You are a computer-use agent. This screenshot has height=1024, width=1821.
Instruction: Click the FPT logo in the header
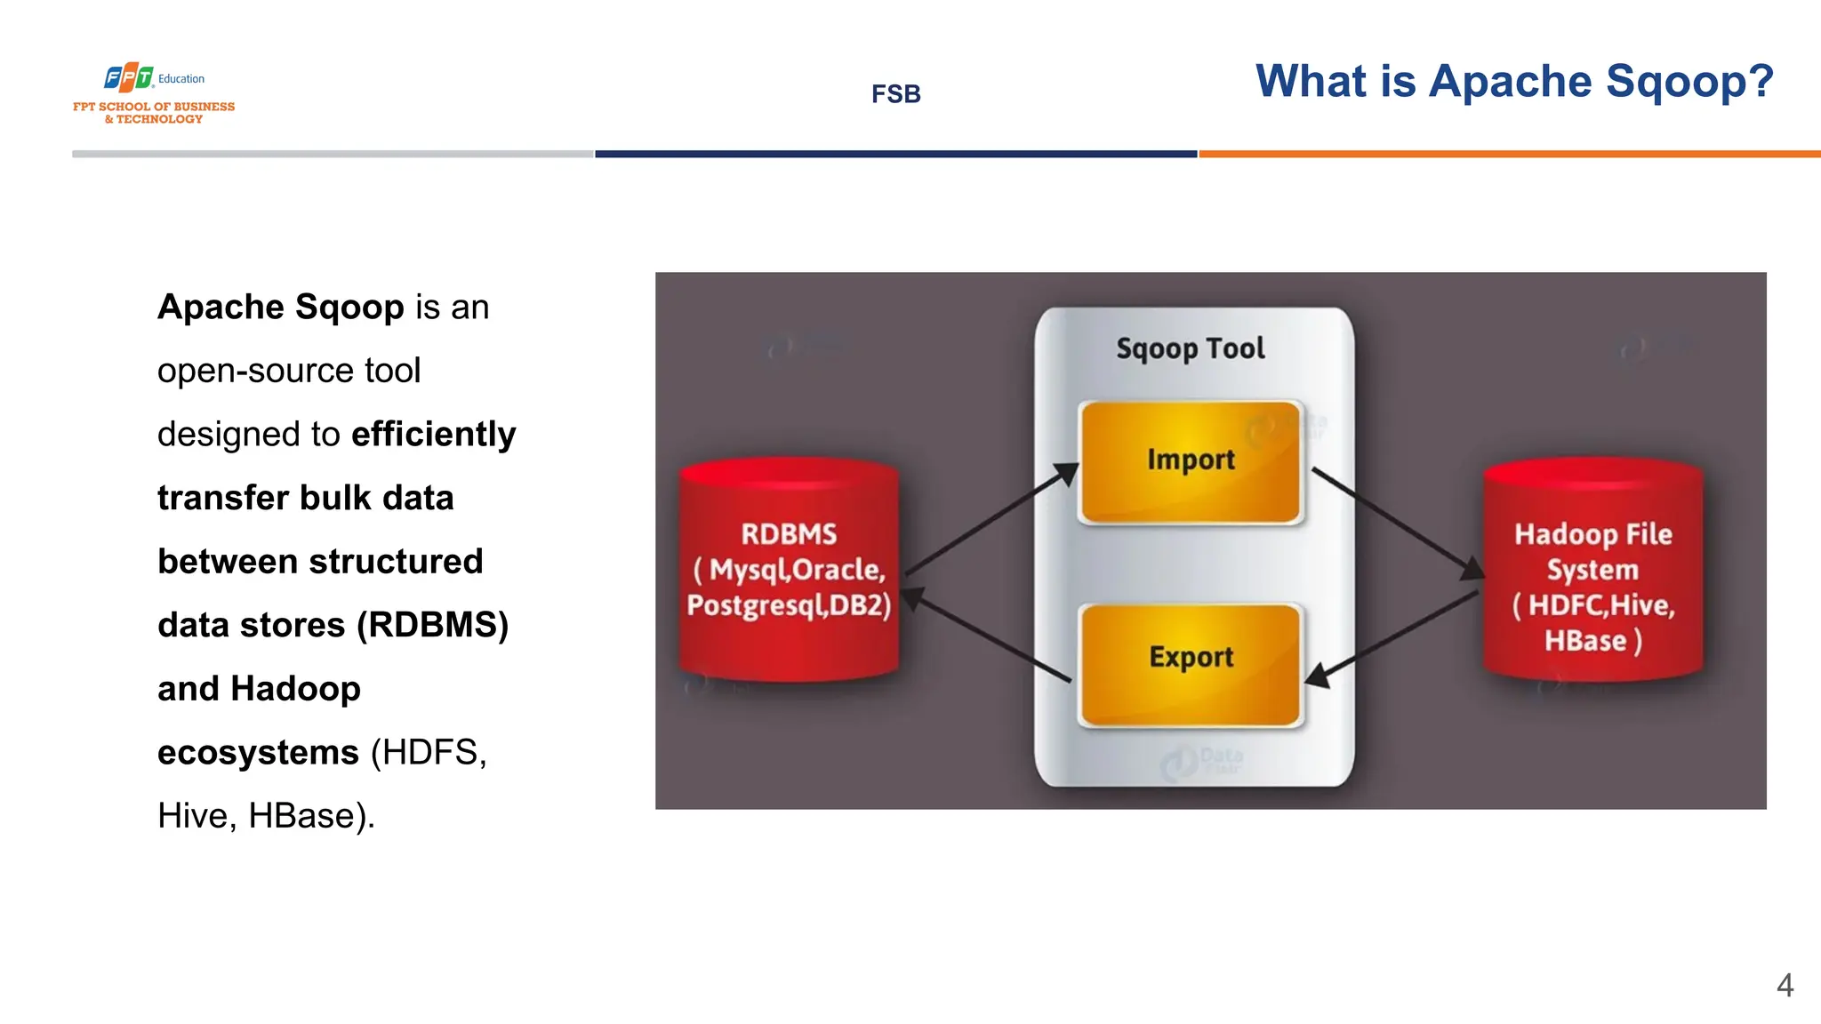130,78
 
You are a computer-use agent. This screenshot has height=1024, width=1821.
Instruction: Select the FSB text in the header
895,94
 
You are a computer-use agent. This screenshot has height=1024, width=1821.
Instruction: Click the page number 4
1785,985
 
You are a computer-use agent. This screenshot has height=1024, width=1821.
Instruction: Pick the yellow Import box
1190,460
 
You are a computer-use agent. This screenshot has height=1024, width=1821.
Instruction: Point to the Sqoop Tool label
1190,348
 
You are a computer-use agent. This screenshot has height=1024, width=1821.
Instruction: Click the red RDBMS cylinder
789,569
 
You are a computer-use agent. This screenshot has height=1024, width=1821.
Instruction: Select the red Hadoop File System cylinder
1592,569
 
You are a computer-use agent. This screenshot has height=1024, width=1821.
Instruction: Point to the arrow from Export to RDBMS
987,635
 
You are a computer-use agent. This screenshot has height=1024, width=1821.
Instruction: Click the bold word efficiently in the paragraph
433,435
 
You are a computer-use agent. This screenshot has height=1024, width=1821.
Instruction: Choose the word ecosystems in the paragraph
258,753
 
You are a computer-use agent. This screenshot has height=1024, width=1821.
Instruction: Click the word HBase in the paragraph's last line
301,816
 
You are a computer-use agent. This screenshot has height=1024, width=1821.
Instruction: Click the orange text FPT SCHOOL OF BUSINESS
154,107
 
